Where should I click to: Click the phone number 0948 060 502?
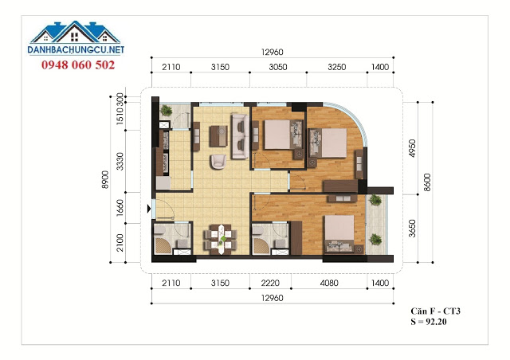coord(78,65)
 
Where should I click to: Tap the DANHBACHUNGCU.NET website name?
coord(76,49)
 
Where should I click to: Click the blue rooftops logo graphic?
coord(75,32)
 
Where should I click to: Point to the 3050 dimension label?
coord(278,67)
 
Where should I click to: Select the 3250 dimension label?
coord(336,67)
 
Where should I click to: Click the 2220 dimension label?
coord(270,283)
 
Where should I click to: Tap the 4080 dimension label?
coord(329,283)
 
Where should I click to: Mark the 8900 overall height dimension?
coord(105,179)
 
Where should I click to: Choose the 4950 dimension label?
coord(412,148)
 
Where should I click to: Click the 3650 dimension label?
coord(412,229)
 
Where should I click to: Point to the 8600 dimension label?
coord(427,182)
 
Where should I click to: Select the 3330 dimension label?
coord(120,161)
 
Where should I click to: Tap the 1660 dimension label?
coord(120,207)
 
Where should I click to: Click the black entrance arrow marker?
coord(149,209)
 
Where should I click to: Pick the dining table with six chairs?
coord(220,240)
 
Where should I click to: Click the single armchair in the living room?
coord(218,162)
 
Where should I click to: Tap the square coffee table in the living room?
coord(218,136)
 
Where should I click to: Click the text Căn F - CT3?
coord(435,311)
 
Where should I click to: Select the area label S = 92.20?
coord(429,322)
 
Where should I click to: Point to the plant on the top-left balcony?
coord(167,110)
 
